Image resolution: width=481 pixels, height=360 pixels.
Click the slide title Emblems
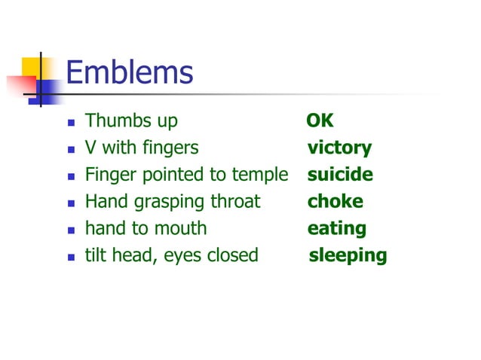pos(130,73)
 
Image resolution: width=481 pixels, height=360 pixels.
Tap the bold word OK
pos(320,121)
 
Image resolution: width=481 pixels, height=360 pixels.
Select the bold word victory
pos(339,148)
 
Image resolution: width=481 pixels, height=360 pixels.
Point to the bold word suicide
pos(340,175)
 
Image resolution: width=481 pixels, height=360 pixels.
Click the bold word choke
pos(335,202)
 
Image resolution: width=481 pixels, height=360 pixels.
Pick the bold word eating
pos(336,229)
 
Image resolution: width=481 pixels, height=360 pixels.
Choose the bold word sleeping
pos(348,256)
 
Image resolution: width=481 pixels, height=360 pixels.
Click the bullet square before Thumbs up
pos(71,122)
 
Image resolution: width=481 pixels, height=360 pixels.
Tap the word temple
pos(259,175)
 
